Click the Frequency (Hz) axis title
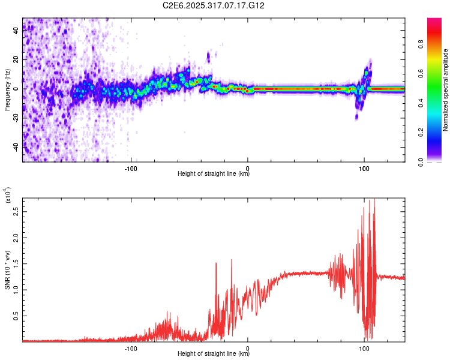coord(8,89)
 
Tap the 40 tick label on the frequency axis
coord(16,31)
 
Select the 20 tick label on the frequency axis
coord(16,60)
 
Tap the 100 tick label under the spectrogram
coord(364,167)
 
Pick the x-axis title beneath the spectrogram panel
coord(214,174)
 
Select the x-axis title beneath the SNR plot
coord(214,354)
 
